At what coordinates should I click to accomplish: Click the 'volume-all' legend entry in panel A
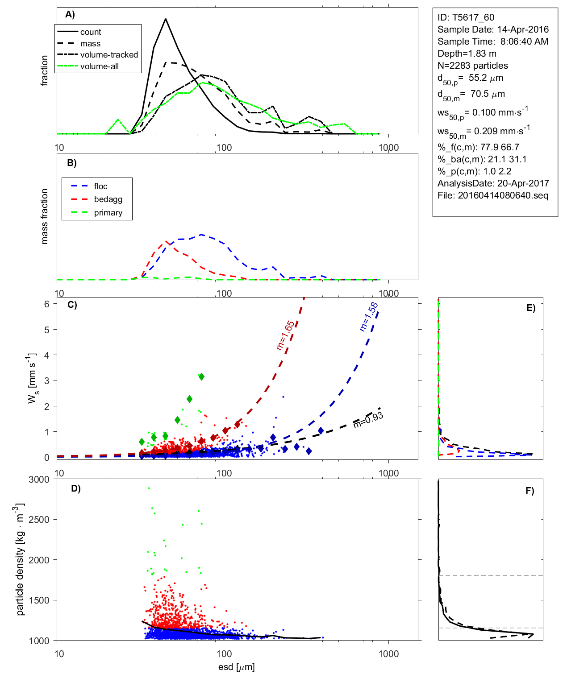tap(99, 66)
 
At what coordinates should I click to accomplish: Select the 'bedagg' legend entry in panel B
tap(108, 199)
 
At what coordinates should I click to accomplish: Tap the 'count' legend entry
tap(91, 32)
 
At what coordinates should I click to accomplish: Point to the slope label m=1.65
tap(285, 335)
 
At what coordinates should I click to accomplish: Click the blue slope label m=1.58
tap(369, 317)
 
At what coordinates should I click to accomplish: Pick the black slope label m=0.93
tap(368, 420)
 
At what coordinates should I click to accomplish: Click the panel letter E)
tap(530, 308)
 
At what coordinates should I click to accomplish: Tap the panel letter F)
tap(529, 491)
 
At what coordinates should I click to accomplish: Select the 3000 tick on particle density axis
tap(39, 480)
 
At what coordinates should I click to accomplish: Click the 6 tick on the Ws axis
tap(46, 304)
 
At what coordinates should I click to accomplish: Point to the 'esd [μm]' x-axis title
tap(236, 667)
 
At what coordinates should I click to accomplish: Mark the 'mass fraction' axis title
tap(44, 216)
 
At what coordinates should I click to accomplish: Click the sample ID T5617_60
tap(466, 17)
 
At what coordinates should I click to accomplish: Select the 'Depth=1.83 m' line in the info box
tap(467, 54)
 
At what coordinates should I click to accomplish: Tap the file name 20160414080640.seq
tap(492, 195)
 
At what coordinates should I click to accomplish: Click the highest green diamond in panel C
tap(201, 377)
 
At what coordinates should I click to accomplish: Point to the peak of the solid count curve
tap(166, 19)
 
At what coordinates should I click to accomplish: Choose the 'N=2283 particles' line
tap(472, 66)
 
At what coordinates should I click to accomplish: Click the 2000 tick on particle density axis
tap(39, 560)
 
